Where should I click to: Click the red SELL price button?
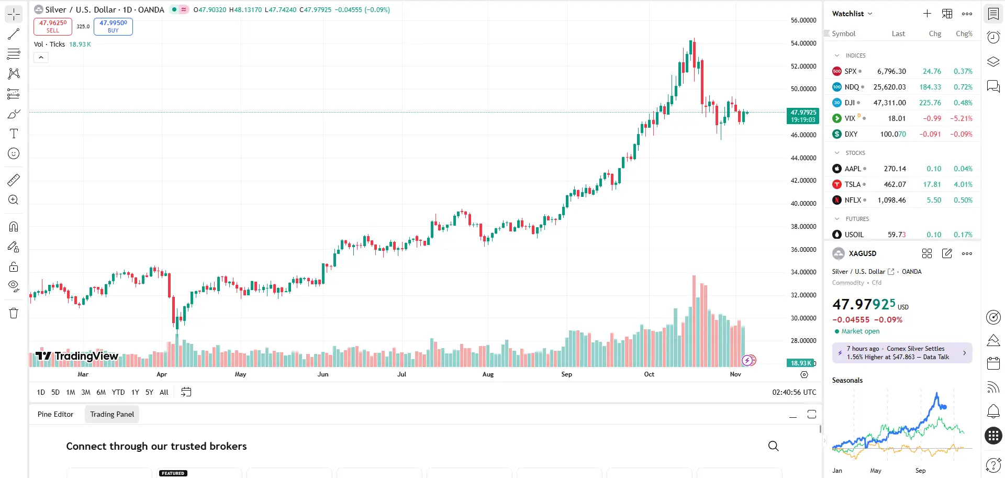pyautogui.click(x=53, y=26)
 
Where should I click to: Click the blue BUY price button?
pyautogui.click(x=113, y=26)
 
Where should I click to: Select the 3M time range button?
pyautogui.click(x=86, y=392)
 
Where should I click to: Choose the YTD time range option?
pyautogui.click(x=118, y=392)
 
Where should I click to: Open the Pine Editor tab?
pyautogui.click(x=55, y=414)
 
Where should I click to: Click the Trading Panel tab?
pyautogui.click(x=112, y=414)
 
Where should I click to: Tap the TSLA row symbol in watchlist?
pyautogui.click(x=852, y=184)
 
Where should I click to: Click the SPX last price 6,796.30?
pyautogui.click(x=891, y=71)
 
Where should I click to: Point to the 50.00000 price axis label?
pyautogui.click(x=803, y=89)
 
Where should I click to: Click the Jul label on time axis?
pyautogui.click(x=401, y=374)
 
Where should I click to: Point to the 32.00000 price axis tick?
pyautogui.click(x=803, y=295)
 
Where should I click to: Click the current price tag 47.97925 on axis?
pyautogui.click(x=803, y=116)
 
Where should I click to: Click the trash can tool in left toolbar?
pyautogui.click(x=14, y=313)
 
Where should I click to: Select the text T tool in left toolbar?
pyautogui.click(x=14, y=134)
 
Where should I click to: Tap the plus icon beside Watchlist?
pyautogui.click(x=927, y=14)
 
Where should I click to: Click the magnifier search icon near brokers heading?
pyautogui.click(x=773, y=446)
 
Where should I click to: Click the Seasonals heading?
pyautogui.click(x=847, y=381)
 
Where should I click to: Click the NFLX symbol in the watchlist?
pyautogui.click(x=852, y=200)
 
